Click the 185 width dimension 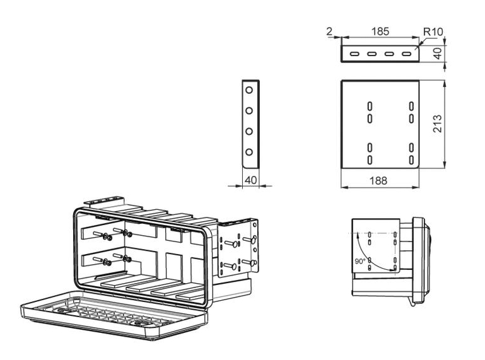[380, 31]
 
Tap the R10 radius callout [433, 31]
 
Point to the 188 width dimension [378, 181]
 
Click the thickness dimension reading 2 [330, 31]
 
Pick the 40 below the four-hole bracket [250, 180]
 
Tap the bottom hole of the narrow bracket [250, 152]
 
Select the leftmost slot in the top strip [356, 54]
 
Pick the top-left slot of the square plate [370, 105]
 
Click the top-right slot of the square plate [411, 105]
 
